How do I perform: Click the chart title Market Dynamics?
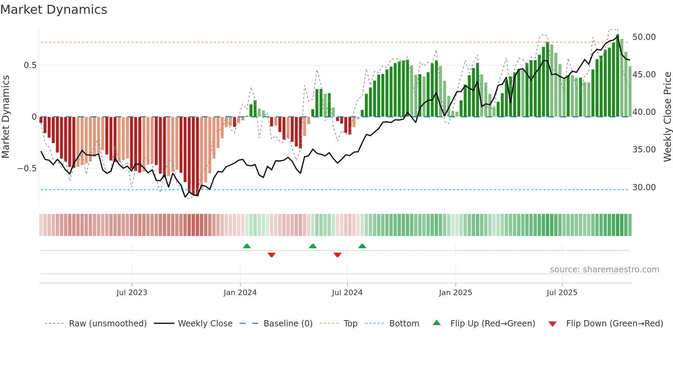click(x=54, y=10)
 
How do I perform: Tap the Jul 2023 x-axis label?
click(x=132, y=293)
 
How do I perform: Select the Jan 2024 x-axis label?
click(x=240, y=293)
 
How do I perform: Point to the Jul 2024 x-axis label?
click(x=347, y=293)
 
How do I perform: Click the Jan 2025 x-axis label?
click(x=455, y=293)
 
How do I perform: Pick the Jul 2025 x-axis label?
click(x=562, y=293)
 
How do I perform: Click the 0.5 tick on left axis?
click(x=30, y=65)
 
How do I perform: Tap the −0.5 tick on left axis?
click(x=27, y=169)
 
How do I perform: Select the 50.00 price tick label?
click(x=644, y=37)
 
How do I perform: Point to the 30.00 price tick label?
click(x=644, y=187)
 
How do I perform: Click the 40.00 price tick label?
click(x=644, y=112)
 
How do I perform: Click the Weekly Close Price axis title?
click(x=667, y=117)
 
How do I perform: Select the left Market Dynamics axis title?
click(x=5, y=117)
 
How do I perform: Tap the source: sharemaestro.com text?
click(x=604, y=270)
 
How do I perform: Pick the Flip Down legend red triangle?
click(x=552, y=324)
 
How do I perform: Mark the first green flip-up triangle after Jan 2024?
click(x=247, y=246)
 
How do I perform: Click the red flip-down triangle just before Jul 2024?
click(x=338, y=255)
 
